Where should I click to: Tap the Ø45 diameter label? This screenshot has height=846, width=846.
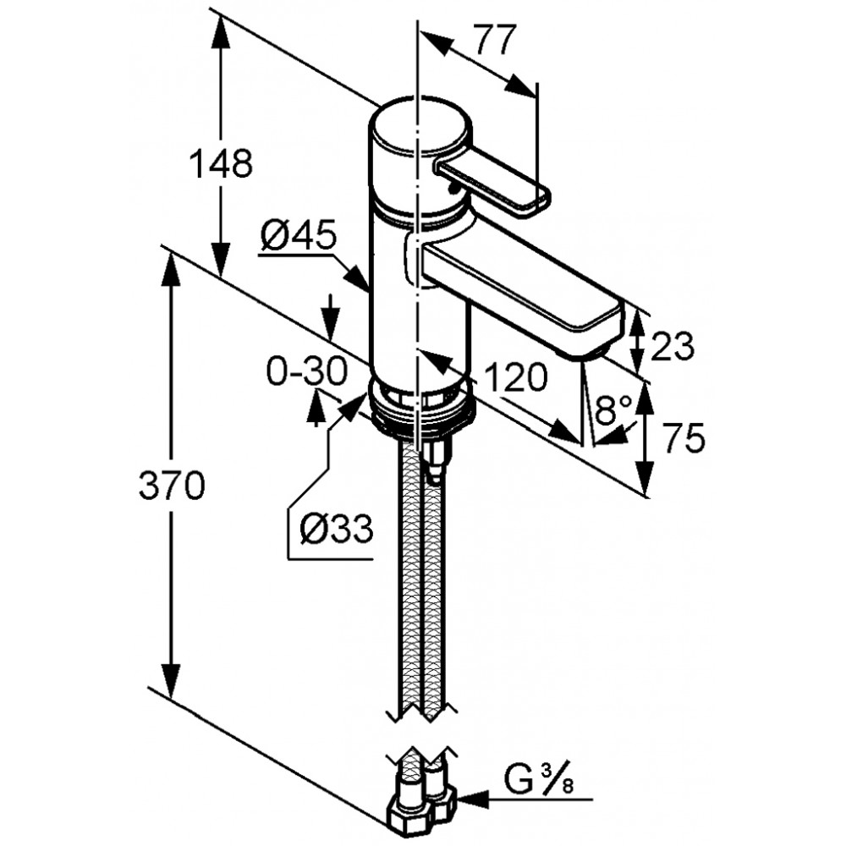click(x=299, y=236)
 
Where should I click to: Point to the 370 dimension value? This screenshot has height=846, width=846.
click(x=172, y=485)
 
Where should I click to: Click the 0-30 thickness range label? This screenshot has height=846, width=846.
click(x=306, y=371)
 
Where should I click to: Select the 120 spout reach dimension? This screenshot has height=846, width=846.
click(x=516, y=376)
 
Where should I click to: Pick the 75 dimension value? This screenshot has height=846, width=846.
click(x=684, y=437)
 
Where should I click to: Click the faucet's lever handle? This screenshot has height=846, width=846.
click(x=491, y=184)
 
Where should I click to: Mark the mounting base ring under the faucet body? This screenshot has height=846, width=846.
click(x=420, y=411)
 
